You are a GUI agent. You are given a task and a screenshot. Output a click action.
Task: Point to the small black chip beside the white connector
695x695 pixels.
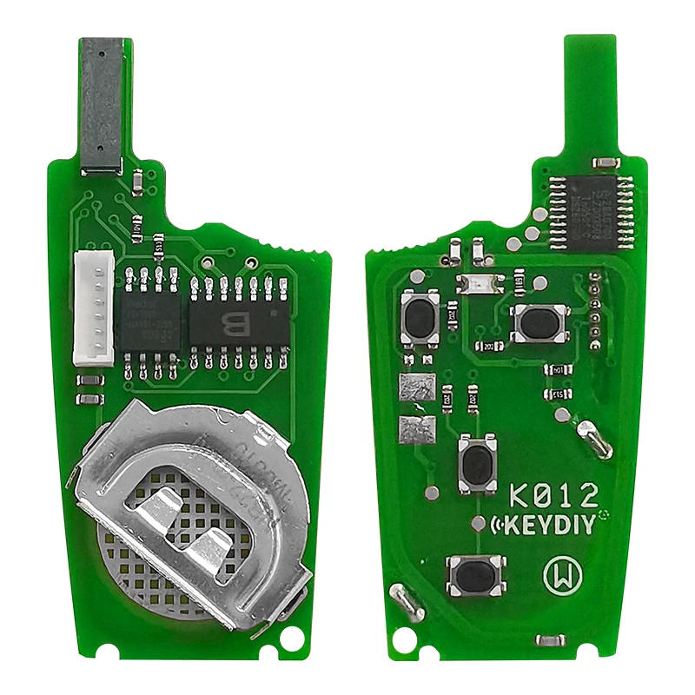149,321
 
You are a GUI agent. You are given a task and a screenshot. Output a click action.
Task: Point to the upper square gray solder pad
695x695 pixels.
414,388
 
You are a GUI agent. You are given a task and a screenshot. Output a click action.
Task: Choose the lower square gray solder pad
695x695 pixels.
414,427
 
